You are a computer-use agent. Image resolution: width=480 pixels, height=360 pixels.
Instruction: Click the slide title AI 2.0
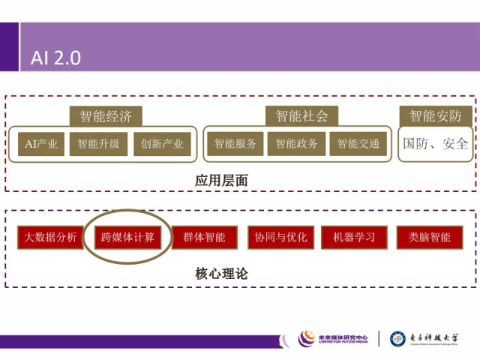tap(56, 58)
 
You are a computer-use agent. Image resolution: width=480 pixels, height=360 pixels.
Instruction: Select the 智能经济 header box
tap(111, 116)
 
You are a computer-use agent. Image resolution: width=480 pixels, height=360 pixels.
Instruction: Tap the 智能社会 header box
tap(301, 116)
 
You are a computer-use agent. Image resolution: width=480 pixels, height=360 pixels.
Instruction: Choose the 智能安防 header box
tap(436, 116)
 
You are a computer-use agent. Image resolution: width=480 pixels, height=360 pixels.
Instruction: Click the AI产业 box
tap(41, 144)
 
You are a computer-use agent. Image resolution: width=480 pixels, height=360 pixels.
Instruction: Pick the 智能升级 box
tap(99, 144)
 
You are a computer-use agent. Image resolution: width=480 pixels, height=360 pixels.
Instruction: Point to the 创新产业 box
tap(162, 144)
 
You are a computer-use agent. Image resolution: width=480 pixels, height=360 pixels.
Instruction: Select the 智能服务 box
tap(235, 144)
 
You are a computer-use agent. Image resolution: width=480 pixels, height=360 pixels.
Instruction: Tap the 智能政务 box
tap(296, 144)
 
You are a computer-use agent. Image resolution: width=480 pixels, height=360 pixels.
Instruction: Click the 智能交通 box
tap(358, 144)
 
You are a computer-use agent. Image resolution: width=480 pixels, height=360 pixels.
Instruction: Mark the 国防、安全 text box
tap(436, 143)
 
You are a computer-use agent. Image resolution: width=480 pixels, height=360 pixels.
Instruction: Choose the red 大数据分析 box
tap(49, 238)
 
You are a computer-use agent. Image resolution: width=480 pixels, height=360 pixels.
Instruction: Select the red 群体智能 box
tap(204, 238)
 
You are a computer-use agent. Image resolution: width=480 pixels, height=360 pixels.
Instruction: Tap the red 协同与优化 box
tap(280, 238)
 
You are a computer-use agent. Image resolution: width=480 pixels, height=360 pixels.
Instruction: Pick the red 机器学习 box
tap(354, 238)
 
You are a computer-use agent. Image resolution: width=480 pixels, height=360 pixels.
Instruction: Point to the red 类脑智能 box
tap(430, 238)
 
